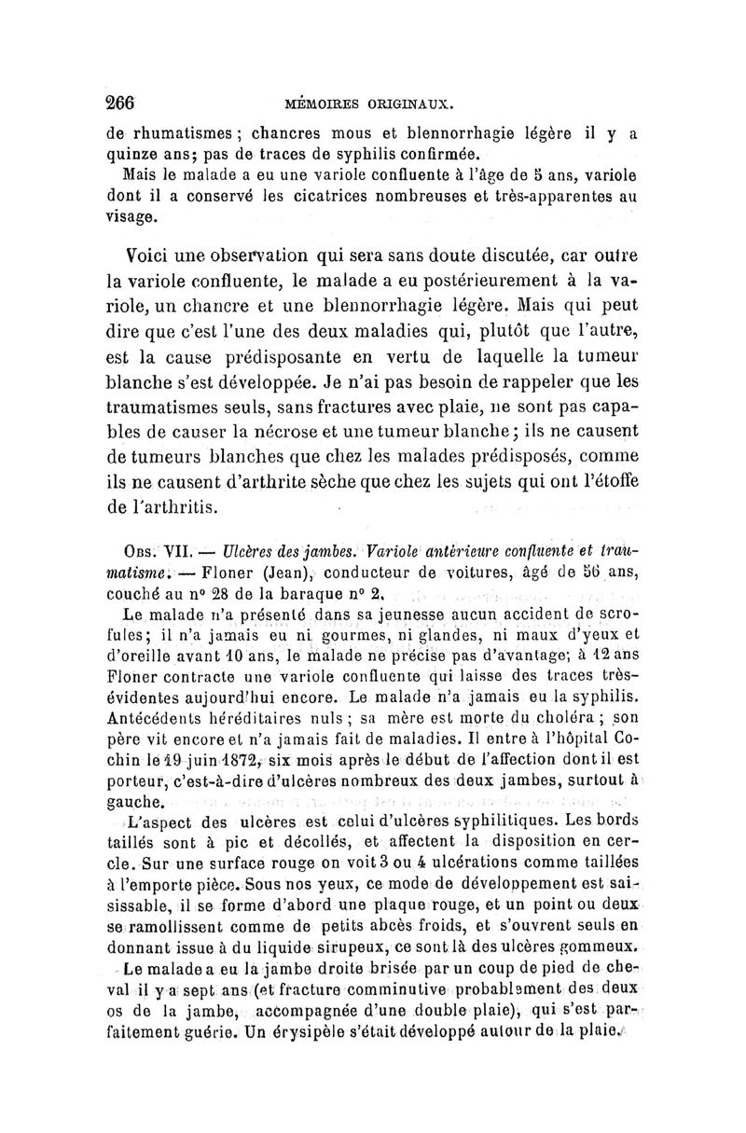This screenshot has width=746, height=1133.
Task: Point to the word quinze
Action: pos(129,154)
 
